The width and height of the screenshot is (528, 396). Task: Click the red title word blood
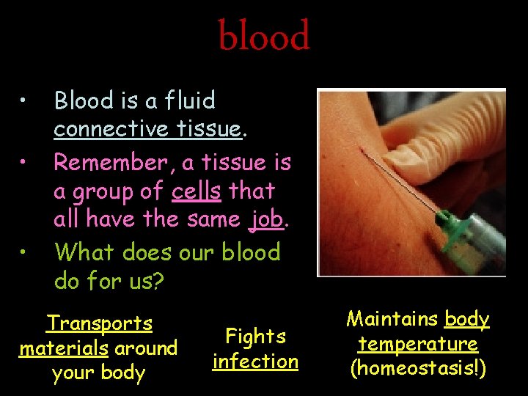pos(264,37)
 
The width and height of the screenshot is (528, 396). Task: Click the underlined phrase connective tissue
pos(147,129)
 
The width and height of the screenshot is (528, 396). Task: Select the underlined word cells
pos(197,191)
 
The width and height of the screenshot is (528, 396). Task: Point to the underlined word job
pos(265,219)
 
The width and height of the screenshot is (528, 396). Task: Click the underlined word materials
pos(64,348)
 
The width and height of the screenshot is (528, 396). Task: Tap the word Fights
pos(255,337)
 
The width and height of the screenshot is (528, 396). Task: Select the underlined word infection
pos(255,362)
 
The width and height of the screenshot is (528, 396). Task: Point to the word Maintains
pos(393,319)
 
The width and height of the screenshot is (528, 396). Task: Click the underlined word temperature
pos(418,344)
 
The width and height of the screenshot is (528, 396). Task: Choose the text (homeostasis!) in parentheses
pos(418,368)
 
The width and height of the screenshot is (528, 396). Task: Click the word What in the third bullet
pos(85,252)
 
